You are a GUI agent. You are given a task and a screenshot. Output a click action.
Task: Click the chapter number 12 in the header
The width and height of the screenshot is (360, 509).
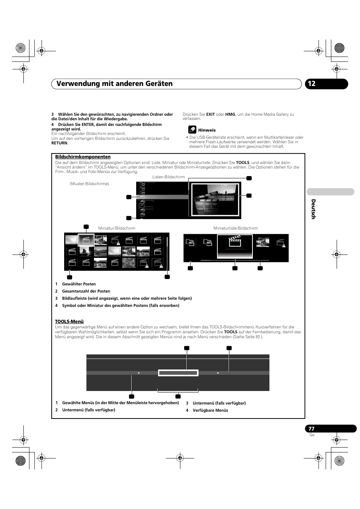click(x=311, y=84)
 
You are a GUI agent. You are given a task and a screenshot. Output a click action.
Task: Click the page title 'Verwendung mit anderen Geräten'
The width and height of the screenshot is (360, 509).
click(x=114, y=84)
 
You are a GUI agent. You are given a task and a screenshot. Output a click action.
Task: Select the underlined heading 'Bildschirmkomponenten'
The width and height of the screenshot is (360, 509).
click(x=83, y=157)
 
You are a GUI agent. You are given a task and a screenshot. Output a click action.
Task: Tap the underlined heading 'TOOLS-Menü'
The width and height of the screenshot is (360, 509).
click(x=69, y=322)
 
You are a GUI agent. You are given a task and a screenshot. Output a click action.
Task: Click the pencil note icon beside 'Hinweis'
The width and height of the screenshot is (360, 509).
click(x=192, y=130)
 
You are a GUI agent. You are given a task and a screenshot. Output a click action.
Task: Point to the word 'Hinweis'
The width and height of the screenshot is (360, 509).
click(x=207, y=130)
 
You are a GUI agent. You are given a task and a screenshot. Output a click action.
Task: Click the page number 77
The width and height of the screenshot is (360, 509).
click(x=311, y=429)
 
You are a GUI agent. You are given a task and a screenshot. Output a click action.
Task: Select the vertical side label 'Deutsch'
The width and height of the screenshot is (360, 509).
click(x=313, y=209)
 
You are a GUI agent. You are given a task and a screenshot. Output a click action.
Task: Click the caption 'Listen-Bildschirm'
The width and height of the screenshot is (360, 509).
click(x=168, y=177)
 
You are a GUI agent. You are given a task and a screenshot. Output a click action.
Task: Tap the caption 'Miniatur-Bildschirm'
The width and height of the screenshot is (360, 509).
click(x=117, y=228)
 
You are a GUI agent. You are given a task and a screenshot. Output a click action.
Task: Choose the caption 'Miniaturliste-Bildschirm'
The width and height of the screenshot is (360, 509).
click(x=235, y=228)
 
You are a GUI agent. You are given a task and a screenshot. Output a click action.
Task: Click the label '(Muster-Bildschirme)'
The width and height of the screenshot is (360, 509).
click(x=89, y=184)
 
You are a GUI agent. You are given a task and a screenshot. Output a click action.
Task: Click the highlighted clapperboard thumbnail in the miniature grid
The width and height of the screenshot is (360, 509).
click(x=86, y=240)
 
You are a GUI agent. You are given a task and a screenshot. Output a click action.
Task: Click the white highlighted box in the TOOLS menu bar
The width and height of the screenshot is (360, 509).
click(x=178, y=373)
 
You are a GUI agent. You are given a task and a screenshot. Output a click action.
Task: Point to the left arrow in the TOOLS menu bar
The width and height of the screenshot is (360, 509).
click(x=139, y=373)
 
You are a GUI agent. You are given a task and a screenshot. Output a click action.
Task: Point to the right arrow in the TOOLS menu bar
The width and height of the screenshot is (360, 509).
click(x=218, y=373)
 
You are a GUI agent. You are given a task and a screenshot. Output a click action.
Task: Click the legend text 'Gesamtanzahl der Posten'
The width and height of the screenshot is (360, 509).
click(x=86, y=291)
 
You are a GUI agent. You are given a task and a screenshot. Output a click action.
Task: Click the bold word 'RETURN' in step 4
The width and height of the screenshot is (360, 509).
click(x=59, y=143)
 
